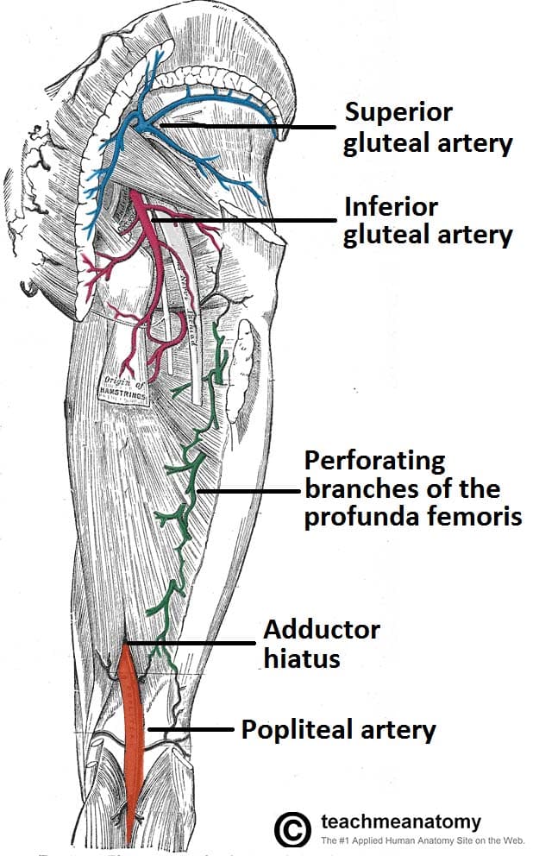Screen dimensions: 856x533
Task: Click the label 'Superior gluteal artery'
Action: (428, 128)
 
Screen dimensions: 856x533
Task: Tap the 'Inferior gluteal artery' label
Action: (428, 221)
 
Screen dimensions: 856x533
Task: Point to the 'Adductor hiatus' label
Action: (321, 644)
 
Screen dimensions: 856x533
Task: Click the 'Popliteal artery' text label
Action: (338, 730)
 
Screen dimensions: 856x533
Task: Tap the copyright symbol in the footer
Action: (292, 829)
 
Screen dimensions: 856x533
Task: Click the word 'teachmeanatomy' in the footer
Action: (400, 821)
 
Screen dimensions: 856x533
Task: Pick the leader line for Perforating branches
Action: (250, 491)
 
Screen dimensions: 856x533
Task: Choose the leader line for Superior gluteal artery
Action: (250, 128)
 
